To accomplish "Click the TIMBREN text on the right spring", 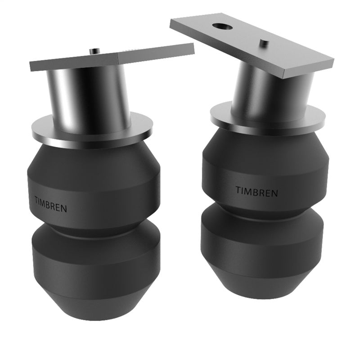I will click(256, 191).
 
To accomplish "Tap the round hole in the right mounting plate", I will click(222, 27).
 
